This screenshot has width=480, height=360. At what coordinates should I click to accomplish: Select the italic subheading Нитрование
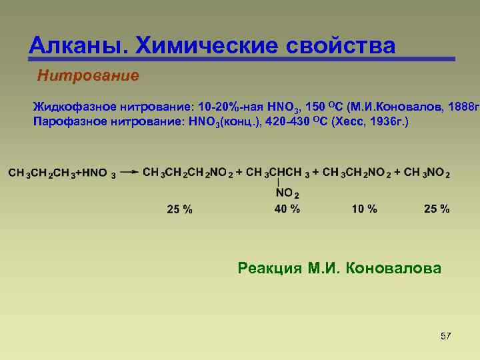[x=89, y=75]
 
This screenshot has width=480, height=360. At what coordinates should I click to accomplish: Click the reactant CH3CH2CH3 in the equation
[x=39, y=173]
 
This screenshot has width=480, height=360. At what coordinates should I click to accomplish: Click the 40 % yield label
[x=287, y=209]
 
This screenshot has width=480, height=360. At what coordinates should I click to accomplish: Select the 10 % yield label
[x=364, y=209]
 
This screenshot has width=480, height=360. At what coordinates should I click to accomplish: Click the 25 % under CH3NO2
[x=437, y=209]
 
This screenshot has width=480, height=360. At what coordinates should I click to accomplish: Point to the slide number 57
[x=446, y=336]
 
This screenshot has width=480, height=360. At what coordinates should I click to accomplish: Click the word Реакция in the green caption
[x=270, y=269]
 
